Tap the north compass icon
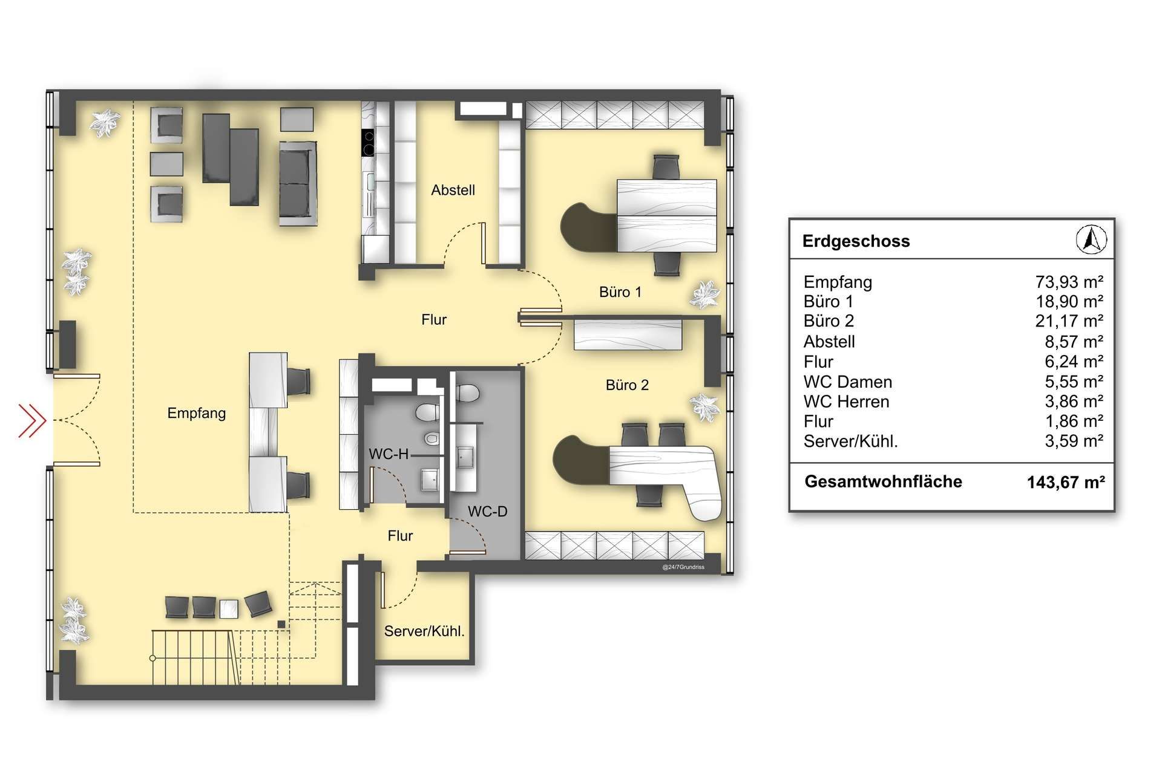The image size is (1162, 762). (x=1091, y=239)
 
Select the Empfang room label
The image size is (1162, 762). (x=197, y=414)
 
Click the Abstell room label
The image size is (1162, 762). (x=453, y=190)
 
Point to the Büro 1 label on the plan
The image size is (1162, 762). (x=620, y=292)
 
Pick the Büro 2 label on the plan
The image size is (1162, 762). (x=627, y=385)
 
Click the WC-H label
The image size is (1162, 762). (x=389, y=454)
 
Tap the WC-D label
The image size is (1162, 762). (x=487, y=512)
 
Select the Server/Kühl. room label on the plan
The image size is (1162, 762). (x=424, y=631)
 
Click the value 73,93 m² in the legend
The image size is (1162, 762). (x=1069, y=282)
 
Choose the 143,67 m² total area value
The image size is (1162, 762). (x=1066, y=482)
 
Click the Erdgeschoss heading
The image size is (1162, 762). (x=856, y=241)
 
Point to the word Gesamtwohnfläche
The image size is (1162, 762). (x=883, y=481)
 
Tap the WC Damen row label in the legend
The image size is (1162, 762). (x=847, y=382)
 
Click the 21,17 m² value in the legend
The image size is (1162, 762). (x=1069, y=321)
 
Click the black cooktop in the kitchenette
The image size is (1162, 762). (x=367, y=143)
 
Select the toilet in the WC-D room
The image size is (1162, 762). (x=467, y=394)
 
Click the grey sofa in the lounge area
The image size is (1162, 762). (x=298, y=183)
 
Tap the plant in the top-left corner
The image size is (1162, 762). (x=104, y=123)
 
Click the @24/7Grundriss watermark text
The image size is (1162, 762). (x=683, y=567)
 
